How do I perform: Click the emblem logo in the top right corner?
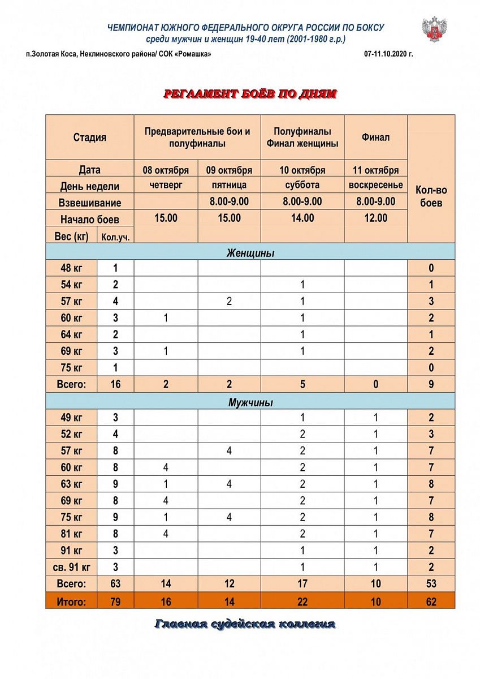coord(434,29)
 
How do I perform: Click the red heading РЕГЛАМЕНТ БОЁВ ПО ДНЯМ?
coord(250,94)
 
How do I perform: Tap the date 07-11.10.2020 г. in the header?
coord(389,54)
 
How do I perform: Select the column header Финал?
coord(375,137)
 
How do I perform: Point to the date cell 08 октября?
coord(166,170)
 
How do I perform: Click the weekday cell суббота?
coord(302,185)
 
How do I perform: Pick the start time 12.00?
coord(375,218)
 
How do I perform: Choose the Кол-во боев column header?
coord(431,196)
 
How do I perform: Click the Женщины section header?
coord(250,253)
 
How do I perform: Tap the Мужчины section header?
coord(250,403)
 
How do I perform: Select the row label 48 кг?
coord(71,268)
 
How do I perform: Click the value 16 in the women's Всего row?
coord(115,385)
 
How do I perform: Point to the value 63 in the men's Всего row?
coord(115,584)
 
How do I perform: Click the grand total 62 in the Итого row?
coord(431,601)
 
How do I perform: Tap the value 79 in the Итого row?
coord(115,601)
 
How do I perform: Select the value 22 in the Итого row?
coord(302,601)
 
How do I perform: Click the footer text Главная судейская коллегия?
coord(244,624)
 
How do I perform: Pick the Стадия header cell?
coord(89,137)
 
